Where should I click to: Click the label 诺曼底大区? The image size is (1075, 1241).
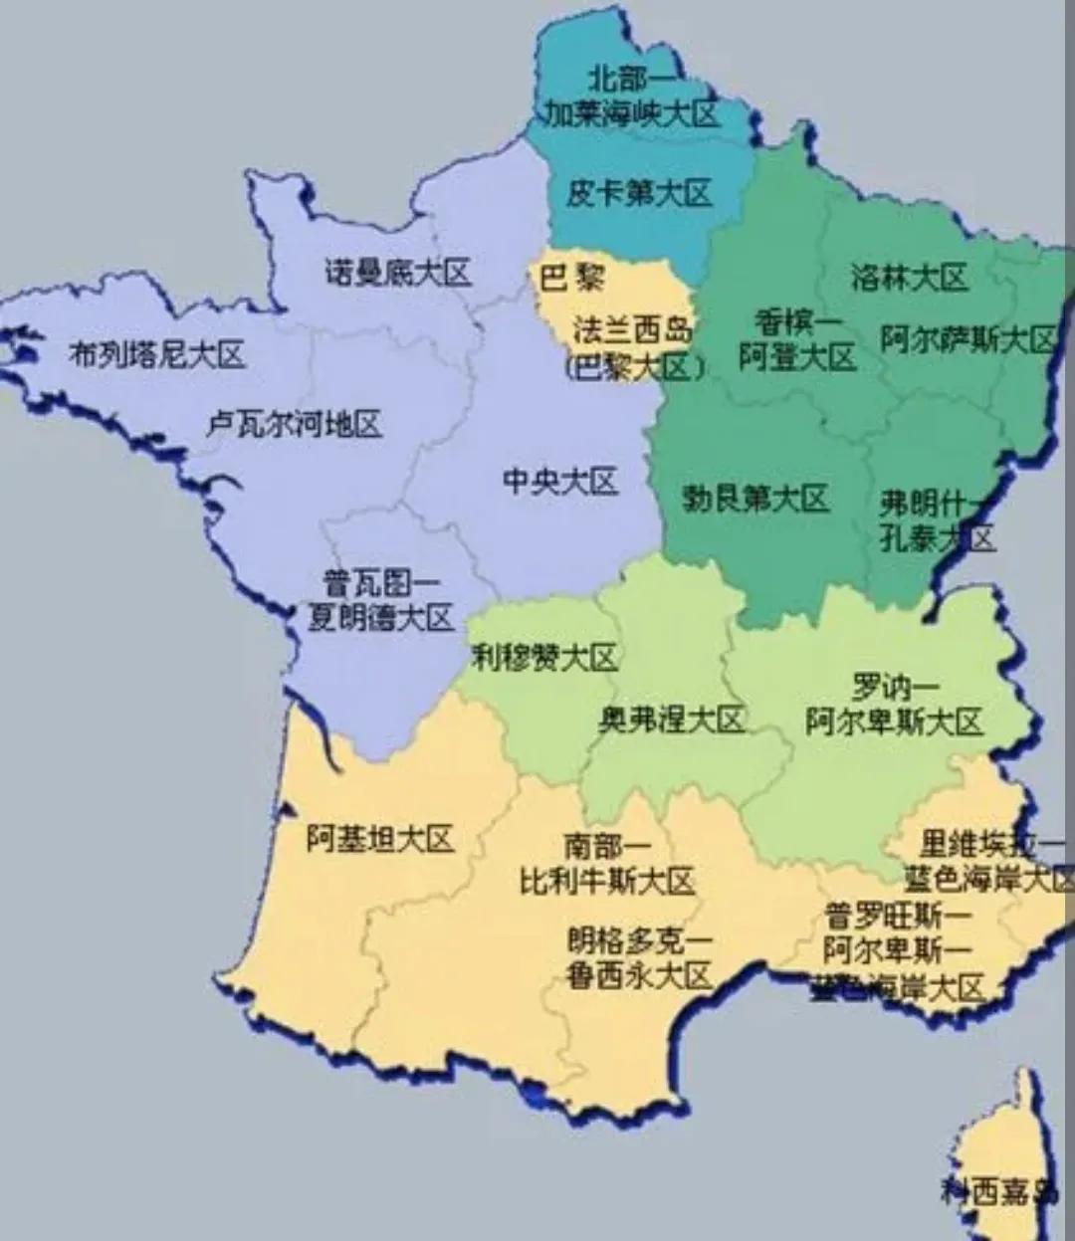tap(397, 272)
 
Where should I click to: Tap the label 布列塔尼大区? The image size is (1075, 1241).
tap(156, 353)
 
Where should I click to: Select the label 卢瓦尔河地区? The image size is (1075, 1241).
tap(294, 425)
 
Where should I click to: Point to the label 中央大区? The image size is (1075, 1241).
tap(560, 482)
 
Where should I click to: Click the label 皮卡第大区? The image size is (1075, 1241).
tap(639, 192)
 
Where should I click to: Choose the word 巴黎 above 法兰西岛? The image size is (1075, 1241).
tap(572, 277)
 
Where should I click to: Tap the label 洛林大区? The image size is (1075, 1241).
tap(909, 277)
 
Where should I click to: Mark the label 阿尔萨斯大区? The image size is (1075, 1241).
tap(967, 339)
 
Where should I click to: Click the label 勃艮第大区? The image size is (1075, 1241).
tap(755, 498)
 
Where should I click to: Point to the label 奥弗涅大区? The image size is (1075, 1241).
tap(671, 719)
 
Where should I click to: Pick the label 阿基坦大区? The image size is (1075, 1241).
tap(379, 839)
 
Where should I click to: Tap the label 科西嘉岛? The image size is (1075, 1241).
tap(998, 1190)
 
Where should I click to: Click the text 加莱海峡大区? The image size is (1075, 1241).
tap(631, 113)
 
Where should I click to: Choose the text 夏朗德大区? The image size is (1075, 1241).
tap(380, 618)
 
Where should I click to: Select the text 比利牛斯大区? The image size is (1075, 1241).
tap(607, 881)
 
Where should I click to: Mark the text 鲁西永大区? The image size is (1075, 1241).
tap(640, 976)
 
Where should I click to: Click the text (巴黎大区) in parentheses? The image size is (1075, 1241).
tap(634, 367)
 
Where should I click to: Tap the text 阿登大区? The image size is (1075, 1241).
tap(796, 356)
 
